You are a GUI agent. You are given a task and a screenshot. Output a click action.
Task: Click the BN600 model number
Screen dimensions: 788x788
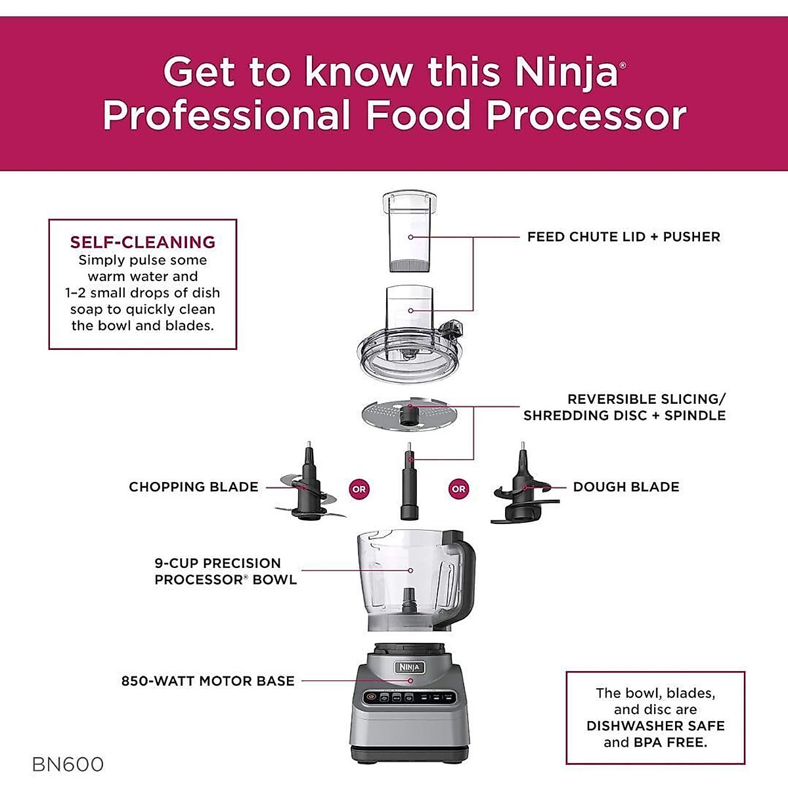click(x=68, y=764)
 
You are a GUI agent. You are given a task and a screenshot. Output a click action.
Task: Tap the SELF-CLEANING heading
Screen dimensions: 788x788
click(x=142, y=242)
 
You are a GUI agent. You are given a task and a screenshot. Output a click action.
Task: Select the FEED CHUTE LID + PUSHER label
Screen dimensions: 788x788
click(x=623, y=236)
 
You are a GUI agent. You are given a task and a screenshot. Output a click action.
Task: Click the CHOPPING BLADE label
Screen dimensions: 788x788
click(x=193, y=487)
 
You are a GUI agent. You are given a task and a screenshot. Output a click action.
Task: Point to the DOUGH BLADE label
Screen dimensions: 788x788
click(x=626, y=487)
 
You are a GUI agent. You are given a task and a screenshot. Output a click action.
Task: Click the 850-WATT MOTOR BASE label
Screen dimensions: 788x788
click(x=208, y=681)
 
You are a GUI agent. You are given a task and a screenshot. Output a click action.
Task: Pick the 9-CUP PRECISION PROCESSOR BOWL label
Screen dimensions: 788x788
click(x=225, y=571)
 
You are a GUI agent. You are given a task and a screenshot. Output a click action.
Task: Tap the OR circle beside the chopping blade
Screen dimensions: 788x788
click(x=359, y=489)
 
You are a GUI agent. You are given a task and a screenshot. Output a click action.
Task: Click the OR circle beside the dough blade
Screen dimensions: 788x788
click(x=458, y=489)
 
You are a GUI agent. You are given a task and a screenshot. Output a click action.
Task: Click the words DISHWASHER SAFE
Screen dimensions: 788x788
click(x=655, y=726)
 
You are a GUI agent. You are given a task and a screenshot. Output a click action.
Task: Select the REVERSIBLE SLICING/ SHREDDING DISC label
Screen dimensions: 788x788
click(x=624, y=407)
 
